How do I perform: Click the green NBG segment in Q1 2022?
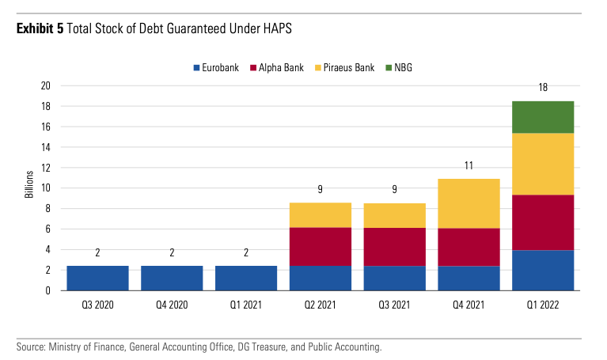point(543,117)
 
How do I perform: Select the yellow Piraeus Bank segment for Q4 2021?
point(469,203)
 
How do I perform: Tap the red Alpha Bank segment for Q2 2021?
point(321,246)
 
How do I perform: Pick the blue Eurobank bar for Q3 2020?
point(97,278)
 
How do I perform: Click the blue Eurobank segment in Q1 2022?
point(543,270)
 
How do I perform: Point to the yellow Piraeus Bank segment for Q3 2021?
point(395,215)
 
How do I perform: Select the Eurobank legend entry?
point(218,68)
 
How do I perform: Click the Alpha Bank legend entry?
point(276,68)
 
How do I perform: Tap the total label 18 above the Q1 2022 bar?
point(543,88)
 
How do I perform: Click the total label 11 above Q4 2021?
point(469,165)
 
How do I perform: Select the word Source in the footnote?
point(30,347)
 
